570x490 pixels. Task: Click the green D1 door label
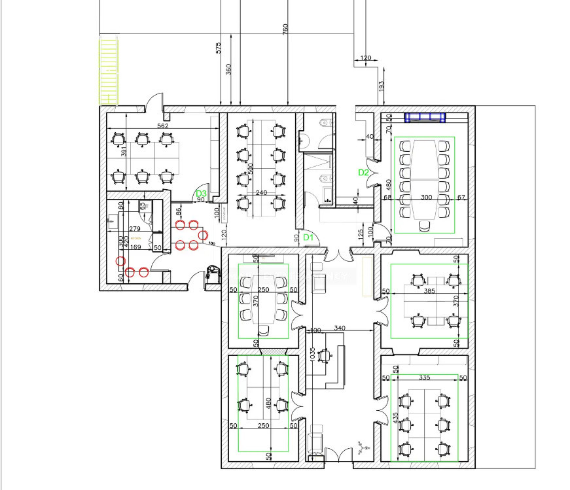tap(309, 237)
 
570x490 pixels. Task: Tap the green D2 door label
tap(364, 173)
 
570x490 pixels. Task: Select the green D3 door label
tap(202, 194)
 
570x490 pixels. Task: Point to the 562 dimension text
tap(164, 126)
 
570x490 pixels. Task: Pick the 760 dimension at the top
tap(285, 30)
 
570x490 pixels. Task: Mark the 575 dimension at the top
tap(219, 48)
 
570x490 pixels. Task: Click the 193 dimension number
tap(381, 85)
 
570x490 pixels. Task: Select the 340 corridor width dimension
tap(340, 328)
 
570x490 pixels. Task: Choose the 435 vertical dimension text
tap(395, 417)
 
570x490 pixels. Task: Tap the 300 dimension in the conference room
tap(426, 197)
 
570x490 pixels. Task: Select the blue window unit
tap(425, 118)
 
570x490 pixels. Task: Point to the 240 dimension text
tap(262, 193)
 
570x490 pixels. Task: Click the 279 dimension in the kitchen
tap(135, 228)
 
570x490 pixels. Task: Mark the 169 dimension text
tap(135, 247)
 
